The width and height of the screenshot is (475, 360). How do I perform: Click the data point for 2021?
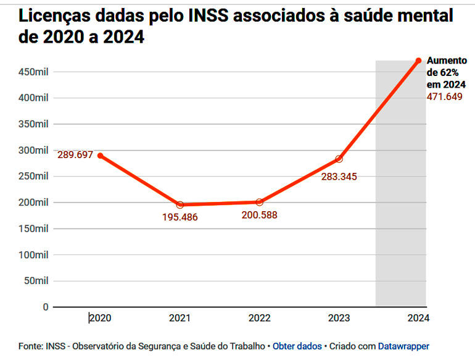coord(180,204)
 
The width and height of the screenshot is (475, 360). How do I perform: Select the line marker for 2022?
coord(260,202)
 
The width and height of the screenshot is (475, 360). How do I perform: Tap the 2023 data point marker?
coord(339,159)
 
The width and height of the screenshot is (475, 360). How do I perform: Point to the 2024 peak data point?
coord(418,61)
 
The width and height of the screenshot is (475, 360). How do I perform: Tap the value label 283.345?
coord(339,177)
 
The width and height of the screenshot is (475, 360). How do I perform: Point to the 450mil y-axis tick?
coord(34,72)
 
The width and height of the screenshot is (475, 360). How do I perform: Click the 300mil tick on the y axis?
coord(34,150)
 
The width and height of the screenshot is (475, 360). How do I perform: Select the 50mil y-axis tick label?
coord(36,280)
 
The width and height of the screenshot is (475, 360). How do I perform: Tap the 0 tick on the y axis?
coord(45,307)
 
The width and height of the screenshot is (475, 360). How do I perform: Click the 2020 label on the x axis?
coord(100,318)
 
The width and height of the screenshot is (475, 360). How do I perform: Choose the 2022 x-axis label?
coord(260,318)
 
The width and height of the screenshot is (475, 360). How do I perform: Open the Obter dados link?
coord(297,346)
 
